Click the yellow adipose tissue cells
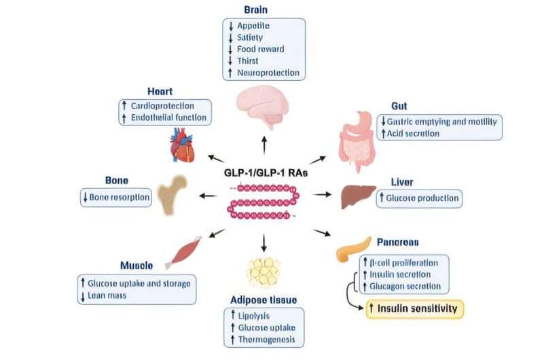coord(263,273)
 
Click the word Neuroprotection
coord(268,72)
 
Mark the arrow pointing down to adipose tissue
coord(264,242)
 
